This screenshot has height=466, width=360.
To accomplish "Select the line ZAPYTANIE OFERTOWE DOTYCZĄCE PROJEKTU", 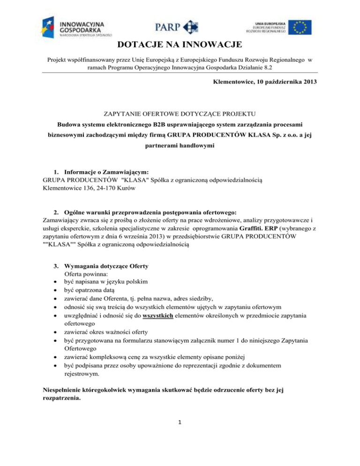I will point(180,113).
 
